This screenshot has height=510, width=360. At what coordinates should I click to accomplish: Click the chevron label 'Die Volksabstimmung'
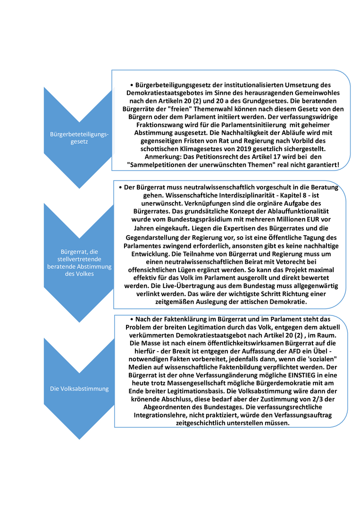[x=79, y=389]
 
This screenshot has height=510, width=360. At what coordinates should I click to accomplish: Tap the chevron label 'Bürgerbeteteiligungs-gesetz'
[x=79, y=138]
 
